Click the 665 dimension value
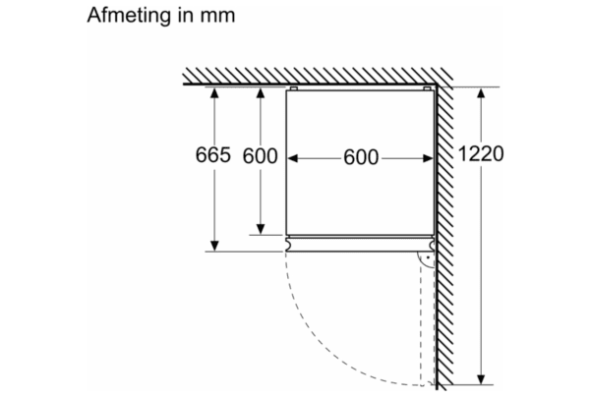(213, 154)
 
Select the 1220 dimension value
(481, 153)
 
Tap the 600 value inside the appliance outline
(361, 157)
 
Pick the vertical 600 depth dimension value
(260, 155)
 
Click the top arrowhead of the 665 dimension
(214, 92)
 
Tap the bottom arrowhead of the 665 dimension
(214, 246)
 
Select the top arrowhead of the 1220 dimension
(481, 92)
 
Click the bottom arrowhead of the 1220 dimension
(481, 379)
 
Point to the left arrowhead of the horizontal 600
(293, 158)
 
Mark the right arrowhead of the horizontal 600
(428, 158)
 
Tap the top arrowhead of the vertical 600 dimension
(261, 92)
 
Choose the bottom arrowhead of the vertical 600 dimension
(261, 229)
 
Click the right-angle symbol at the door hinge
(427, 259)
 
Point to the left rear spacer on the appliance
(294, 88)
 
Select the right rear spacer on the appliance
(427, 88)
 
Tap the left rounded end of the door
(288, 245)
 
